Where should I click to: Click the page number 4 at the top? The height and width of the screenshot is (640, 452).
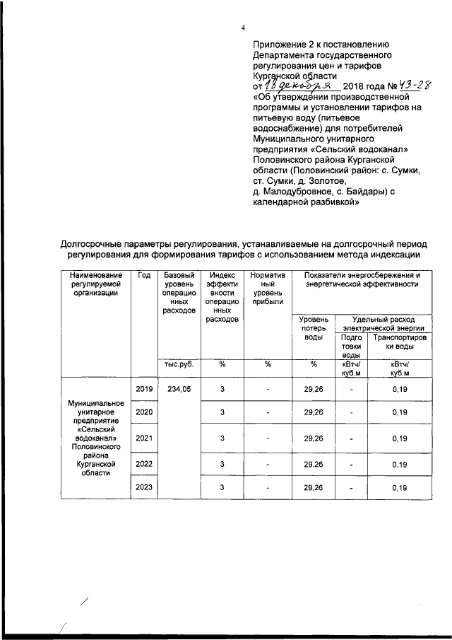[243, 28]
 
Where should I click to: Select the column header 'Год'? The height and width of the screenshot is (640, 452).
[144, 275]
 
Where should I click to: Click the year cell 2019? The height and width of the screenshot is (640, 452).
[144, 388]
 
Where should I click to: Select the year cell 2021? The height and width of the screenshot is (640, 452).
[144, 438]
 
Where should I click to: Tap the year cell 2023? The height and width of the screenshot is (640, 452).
[144, 488]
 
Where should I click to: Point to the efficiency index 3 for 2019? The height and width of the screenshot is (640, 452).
[222, 388]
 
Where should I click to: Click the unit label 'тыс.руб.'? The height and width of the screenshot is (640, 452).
[179, 364]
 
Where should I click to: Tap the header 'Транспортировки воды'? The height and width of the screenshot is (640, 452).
[399, 342]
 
